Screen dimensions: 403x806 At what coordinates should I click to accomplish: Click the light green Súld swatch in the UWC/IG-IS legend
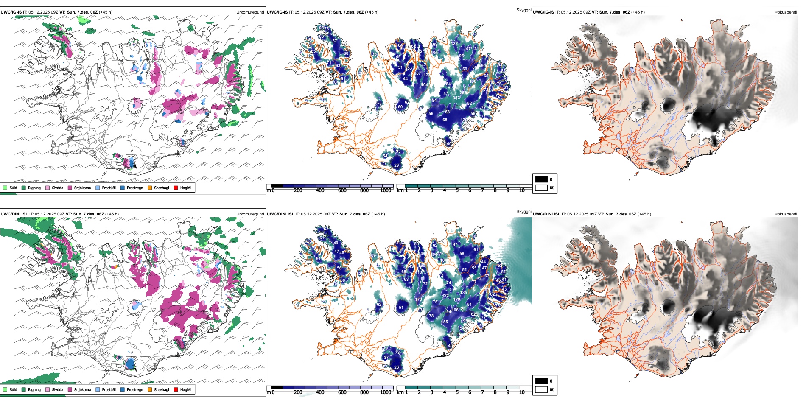(x=5, y=188)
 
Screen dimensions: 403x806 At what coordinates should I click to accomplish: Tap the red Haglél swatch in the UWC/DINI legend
(x=176, y=389)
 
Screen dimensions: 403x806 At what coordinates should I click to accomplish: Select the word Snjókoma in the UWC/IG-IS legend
(x=82, y=188)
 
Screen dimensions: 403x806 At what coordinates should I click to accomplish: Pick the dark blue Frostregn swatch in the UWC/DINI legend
(x=123, y=389)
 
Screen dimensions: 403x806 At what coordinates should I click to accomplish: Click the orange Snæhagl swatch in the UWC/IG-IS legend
(x=150, y=188)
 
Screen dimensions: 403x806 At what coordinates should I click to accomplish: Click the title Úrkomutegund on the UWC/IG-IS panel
(x=250, y=12)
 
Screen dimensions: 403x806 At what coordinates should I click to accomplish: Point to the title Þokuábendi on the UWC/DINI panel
(x=786, y=214)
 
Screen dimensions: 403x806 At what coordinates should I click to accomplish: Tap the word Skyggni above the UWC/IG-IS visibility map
(x=523, y=10)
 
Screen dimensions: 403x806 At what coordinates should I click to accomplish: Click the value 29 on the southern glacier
(x=396, y=165)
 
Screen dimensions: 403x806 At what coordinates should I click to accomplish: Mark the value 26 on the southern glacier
(x=396, y=367)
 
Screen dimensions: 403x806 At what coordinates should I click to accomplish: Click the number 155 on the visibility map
(x=445, y=322)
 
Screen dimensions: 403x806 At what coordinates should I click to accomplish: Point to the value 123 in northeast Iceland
(x=454, y=44)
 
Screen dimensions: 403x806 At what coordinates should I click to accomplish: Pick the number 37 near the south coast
(x=386, y=358)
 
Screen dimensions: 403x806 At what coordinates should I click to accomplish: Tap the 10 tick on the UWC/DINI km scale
(x=522, y=392)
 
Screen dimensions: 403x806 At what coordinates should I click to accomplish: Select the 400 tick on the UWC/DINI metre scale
(x=320, y=392)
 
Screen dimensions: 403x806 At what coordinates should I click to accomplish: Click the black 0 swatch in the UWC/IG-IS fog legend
(x=541, y=179)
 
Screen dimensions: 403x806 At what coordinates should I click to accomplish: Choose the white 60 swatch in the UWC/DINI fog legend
(x=541, y=389)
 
